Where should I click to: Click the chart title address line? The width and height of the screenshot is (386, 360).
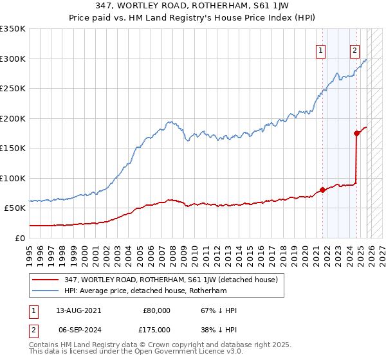[x=192, y=6]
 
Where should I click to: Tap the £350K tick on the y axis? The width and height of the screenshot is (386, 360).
[x=13, y=29]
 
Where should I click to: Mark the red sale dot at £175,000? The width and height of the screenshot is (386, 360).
[x=356, y=134]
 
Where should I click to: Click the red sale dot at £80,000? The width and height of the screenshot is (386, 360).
[x=323, y=190]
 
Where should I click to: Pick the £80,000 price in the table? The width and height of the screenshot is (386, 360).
[x=157, y=310]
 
